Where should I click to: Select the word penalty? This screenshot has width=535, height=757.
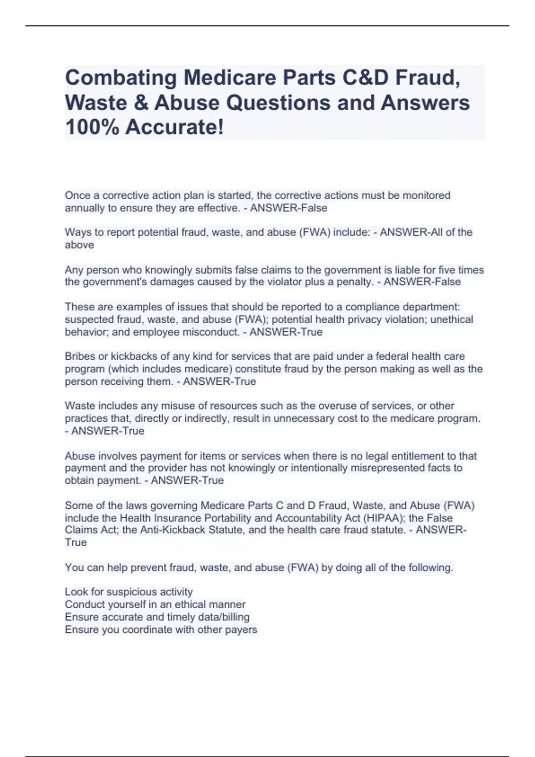(x=354, y=282)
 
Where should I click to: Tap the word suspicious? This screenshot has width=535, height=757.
(x=126, y=592)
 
